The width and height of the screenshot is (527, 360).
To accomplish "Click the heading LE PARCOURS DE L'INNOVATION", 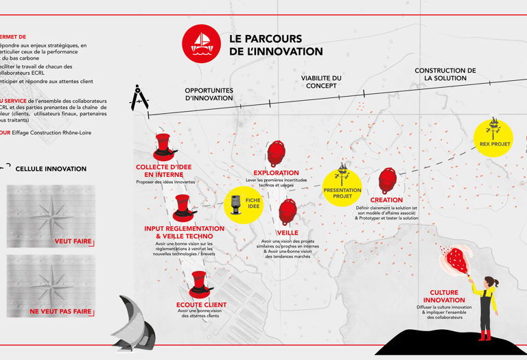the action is tap(276, 45).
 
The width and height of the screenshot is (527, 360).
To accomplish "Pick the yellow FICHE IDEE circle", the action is tap(244, 204).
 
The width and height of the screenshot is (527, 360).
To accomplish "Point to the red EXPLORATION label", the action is tap(276, 173).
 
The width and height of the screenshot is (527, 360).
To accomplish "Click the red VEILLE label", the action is tap(288, 233).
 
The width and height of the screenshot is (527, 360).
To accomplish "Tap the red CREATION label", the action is tap(386, 200).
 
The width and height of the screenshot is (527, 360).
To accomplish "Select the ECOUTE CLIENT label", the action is tap(201, 304).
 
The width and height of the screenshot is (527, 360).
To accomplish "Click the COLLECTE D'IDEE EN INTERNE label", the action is tap(165, 171).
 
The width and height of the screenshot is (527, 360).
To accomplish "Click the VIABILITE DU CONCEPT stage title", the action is tap(321, 82).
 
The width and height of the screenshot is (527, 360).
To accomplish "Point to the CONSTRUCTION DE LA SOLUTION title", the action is tap(445, 74).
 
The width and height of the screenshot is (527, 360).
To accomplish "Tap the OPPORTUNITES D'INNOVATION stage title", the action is tap(209, 94).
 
